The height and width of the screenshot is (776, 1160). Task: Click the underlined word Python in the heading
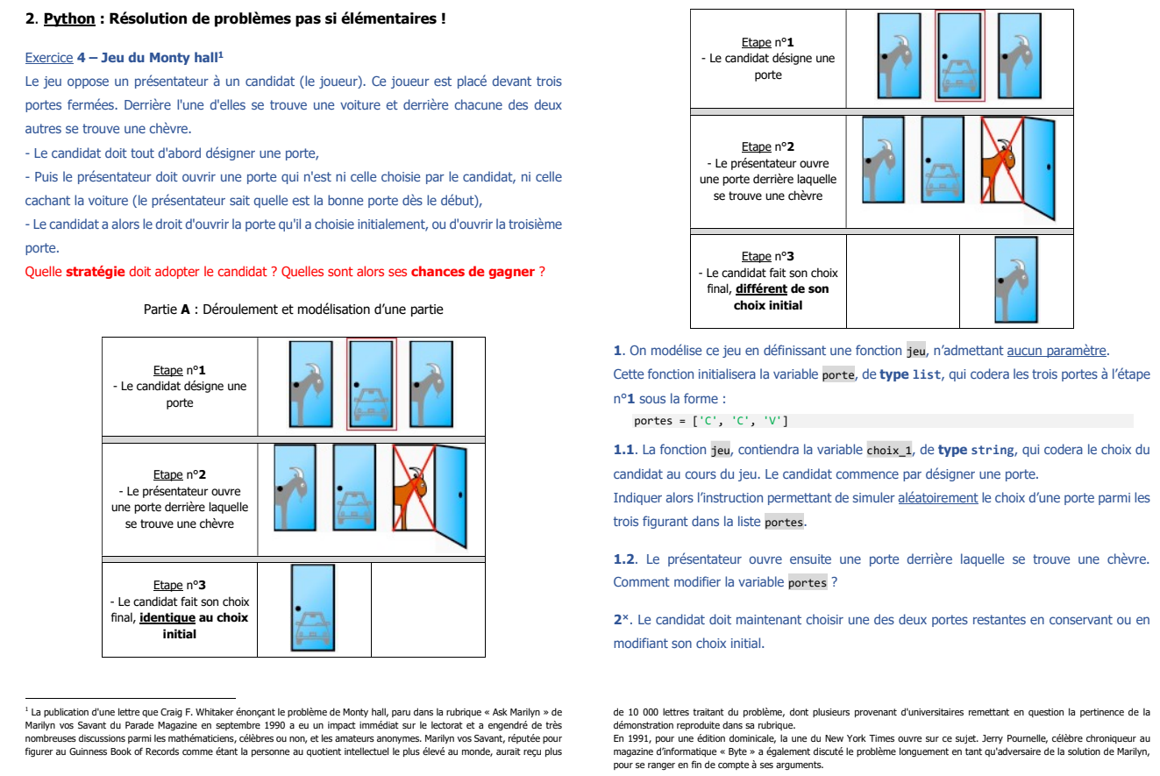[x=63, y=18]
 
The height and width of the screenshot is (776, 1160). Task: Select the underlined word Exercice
[x=49, y=58]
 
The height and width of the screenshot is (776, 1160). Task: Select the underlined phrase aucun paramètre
[x=1057, y=352]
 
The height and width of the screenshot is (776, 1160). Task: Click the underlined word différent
[x=761, y=289]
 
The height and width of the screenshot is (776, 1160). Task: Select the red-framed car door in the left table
[x=371, y=384]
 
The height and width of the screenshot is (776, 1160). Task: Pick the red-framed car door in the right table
[x=960, y=56]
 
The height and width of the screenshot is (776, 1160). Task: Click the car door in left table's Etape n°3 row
[x=313, y=608]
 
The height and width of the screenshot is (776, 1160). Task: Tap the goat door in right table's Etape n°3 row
[x=1015, y=280]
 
